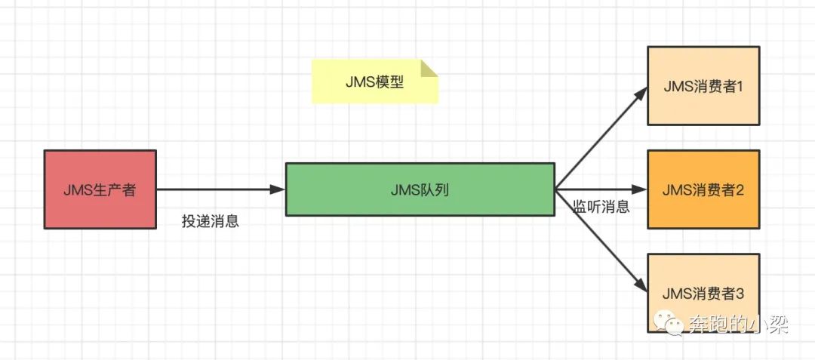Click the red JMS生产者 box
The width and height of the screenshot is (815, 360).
[100, 189]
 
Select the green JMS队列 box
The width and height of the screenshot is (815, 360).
[420, 189]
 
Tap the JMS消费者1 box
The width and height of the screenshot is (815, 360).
[703, 85]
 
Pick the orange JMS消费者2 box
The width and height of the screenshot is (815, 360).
[703, 189]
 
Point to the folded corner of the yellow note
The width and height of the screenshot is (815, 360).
[429, 68]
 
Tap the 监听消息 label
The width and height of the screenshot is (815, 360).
[601, 207]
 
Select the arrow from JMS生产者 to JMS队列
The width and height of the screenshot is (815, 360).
[219, 189]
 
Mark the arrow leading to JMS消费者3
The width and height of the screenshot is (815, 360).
[600, 239]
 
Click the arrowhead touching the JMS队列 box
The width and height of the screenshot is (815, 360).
[278, 189]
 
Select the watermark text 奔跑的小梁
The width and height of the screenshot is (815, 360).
[738, 325]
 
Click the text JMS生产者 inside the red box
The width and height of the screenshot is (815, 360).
[100, 189]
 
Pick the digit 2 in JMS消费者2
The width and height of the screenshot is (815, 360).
[740, 189]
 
